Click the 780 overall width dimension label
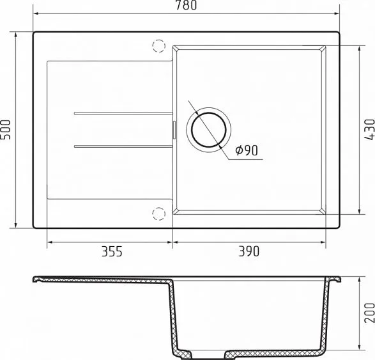point(186,5)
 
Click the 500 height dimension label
point(6,130)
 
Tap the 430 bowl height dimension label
point(369,130)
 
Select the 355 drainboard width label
point(112,251)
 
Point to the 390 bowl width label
point(249,251)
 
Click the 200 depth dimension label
point(369,313)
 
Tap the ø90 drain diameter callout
point(247,150)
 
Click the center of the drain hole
point(209,130)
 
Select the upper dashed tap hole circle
point(159,45)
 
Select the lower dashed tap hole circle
point(159,214)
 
